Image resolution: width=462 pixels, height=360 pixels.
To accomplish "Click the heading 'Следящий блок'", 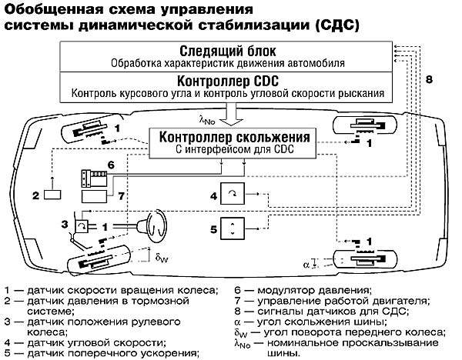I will pos(226,48).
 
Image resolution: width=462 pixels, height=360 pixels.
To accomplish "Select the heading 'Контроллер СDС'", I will pos(226,81).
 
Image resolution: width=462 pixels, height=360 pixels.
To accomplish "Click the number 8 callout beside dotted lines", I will pos(429,79).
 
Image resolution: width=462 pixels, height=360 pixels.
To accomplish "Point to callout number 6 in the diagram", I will pos(111,165).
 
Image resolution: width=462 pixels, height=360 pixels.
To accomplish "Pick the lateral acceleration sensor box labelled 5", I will pos(231,228).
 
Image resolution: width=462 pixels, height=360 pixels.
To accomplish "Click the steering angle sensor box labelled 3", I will pos(81,227).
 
